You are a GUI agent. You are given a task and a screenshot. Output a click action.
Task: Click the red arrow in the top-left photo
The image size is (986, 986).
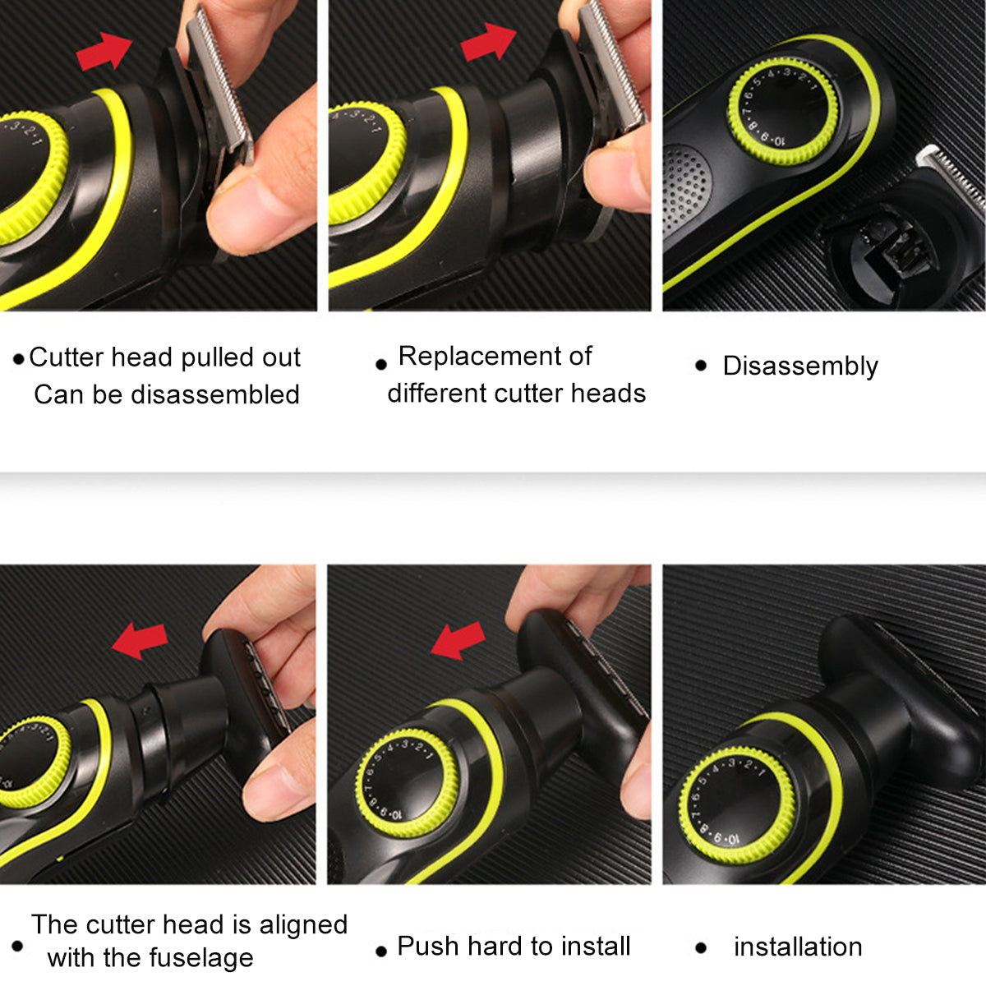(104, 51)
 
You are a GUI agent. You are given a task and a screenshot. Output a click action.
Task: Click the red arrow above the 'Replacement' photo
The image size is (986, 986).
(489, 42)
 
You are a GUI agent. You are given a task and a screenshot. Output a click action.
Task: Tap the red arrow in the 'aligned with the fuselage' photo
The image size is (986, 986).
(140, 641)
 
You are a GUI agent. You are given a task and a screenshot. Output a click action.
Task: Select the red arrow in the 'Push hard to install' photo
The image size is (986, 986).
(458, 641)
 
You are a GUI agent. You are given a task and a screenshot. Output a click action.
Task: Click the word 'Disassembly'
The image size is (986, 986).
(800, 366)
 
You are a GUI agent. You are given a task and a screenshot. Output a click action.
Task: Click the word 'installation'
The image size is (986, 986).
(798, 947)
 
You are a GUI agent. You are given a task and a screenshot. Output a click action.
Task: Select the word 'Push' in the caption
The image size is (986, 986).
(428, 946)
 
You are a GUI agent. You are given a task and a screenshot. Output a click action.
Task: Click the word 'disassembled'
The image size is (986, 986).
(215, 394)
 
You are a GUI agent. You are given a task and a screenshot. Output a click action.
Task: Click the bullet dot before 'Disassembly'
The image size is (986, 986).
(701, 366)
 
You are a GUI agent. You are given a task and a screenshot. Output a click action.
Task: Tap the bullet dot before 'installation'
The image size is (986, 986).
(701, 948)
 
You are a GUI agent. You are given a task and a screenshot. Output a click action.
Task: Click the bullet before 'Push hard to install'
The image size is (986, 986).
(380, 951)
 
